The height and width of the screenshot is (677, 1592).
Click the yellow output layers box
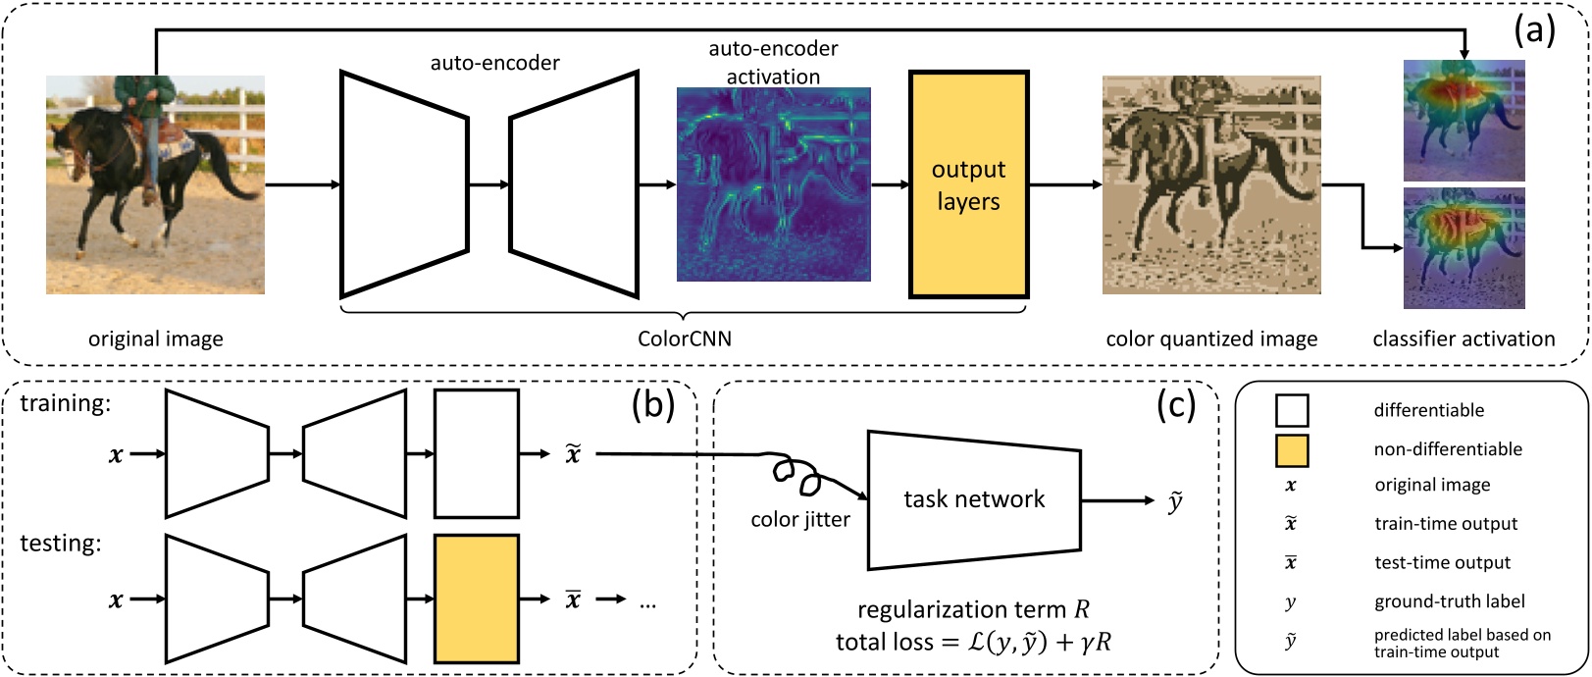point(968,184)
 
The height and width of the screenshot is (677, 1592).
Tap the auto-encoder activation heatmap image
point(773,184)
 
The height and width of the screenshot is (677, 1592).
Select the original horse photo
point(155,184)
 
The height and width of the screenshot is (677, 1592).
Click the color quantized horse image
point(1211,184)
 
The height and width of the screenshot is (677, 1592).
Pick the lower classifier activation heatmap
point(1464,248)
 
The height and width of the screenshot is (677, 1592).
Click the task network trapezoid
point(974,499)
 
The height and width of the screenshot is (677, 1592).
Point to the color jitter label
point(800,520)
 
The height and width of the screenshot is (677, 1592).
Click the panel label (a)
point(1534,31)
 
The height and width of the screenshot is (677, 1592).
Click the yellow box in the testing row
point(477,599)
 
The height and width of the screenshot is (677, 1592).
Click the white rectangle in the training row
point(477,453)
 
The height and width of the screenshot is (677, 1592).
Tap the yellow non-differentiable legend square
point(1291,449)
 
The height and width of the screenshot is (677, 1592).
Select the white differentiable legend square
point(1291,410)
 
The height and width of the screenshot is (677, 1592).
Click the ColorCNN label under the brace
point(684,338)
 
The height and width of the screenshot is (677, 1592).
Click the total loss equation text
point(973,643)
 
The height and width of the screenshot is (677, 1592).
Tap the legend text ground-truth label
point(1435,601)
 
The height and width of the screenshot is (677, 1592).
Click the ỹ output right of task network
point(1174,502)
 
